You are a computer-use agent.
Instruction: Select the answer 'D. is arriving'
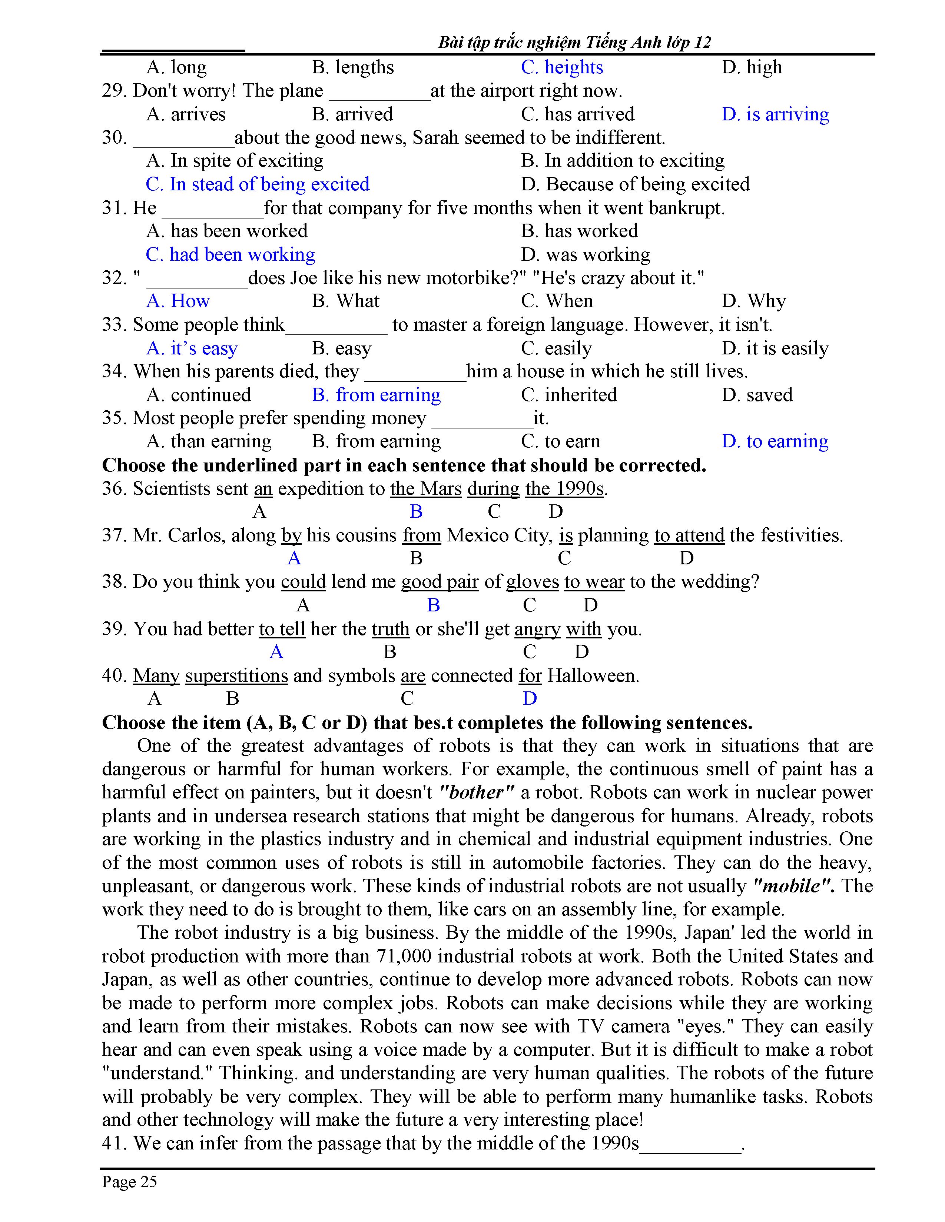point(775,114)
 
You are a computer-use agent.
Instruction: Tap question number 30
point(114,138)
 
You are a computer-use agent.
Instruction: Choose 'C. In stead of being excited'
point(258,184)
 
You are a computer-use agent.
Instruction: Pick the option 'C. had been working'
point(230,255)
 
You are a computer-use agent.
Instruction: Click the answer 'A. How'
point(178,301)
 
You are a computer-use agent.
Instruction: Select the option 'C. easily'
point(556,348)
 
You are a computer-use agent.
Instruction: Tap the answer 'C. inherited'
point(569,395)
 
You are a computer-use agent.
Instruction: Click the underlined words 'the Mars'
point(425,488)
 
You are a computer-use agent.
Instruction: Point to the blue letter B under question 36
point(416,511)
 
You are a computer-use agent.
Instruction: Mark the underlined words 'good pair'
point(440,582)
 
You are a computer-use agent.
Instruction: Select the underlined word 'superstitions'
point(236,676)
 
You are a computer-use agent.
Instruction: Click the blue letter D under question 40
point(530,698)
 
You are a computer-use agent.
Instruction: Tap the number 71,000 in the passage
point(403,956)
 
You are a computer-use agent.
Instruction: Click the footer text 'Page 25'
point(129,1181)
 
